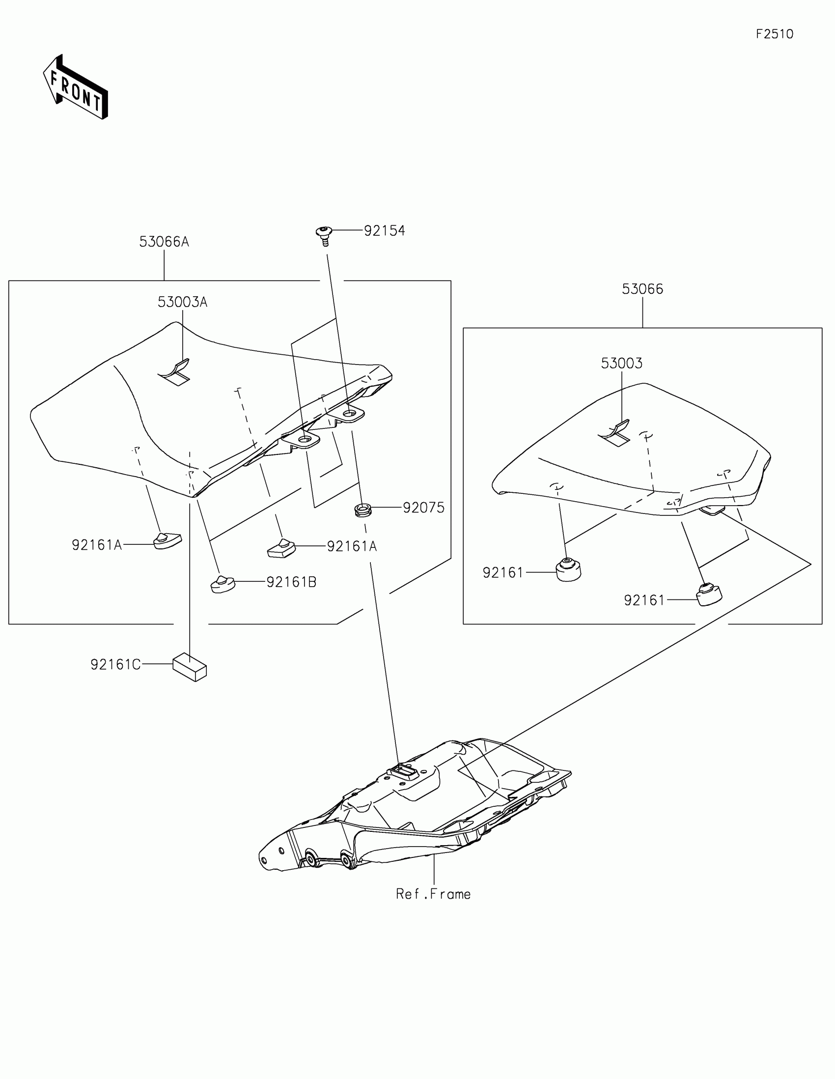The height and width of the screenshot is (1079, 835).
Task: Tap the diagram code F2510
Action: click(774, 34)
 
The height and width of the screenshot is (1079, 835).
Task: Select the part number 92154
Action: click(384, 231)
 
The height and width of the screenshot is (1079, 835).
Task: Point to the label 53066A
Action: click(164, 242)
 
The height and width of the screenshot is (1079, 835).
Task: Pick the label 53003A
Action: click(182, 302)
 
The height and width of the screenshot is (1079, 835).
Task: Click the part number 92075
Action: click(423, 508)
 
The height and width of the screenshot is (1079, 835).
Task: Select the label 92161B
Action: click(291, 582)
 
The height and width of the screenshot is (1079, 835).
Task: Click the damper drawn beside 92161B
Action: click(223, 583)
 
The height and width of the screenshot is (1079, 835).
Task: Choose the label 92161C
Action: click(115, 664)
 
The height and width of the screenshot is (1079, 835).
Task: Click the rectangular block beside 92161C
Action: click(190, 666)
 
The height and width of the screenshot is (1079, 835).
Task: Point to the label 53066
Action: click(642, 289)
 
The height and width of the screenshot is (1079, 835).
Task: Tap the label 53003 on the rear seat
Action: click(621, 363)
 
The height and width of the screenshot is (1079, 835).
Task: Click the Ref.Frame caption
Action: click(433, 894)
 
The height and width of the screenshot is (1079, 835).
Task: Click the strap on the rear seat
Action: click(615, 432)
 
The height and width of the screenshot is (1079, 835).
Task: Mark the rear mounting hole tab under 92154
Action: click(350, 414)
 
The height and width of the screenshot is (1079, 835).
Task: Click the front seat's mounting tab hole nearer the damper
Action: click(305, 439)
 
